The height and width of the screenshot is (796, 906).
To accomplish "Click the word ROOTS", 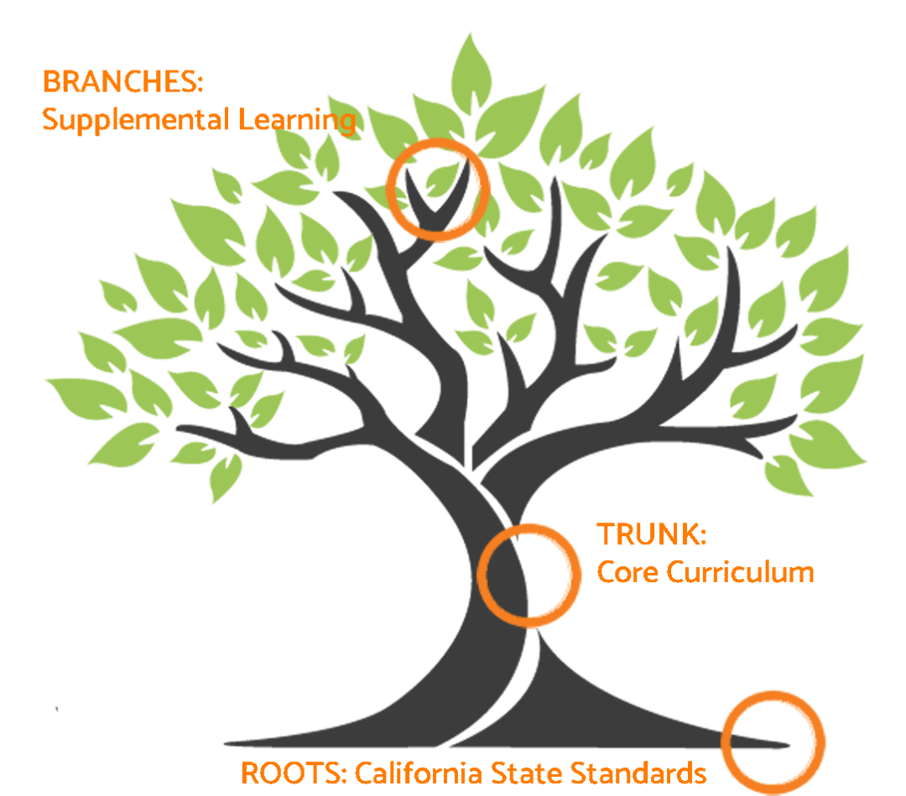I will point(289,772).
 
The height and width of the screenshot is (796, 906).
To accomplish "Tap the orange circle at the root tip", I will point(773,742).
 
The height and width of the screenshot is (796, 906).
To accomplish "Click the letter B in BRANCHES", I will point(49,83).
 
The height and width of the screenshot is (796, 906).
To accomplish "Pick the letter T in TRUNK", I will point(604,533).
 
